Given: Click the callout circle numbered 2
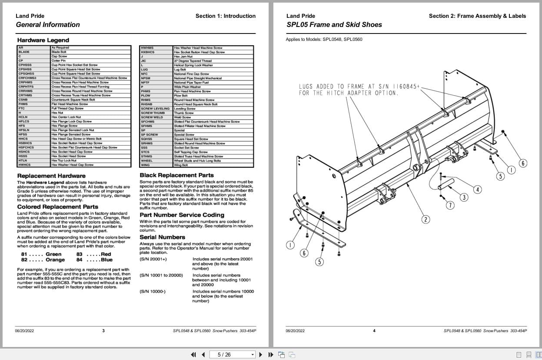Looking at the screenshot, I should coord(426,219).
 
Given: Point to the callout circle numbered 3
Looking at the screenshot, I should coord(464,197).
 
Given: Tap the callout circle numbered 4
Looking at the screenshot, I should coord(478,189).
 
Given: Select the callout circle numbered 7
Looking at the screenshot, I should coord(450,205).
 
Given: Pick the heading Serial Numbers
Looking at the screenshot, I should coord(162,237).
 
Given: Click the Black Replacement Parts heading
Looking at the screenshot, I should coord(176,175).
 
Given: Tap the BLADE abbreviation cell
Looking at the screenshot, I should coord(24,52).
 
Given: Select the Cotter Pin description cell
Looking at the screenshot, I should coord(59,60).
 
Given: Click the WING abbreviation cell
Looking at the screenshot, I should coord(145,165).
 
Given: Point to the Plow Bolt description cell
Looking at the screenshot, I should coord(180,96).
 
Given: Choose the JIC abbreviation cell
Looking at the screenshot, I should coord(143,61).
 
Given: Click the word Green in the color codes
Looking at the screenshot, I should coord(53,254).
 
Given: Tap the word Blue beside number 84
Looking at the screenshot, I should coord(106,260).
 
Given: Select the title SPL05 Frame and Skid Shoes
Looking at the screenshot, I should coord(334,25).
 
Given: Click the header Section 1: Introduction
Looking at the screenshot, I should coord(225,16).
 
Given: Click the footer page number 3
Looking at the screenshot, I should coord(103,330).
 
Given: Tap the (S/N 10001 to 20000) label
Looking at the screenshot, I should coord(161,275).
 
